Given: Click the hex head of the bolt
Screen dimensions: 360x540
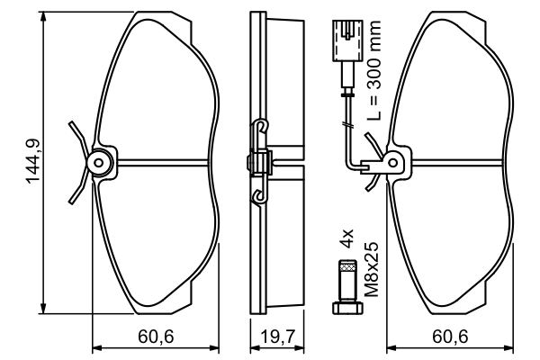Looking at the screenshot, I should [346, 308].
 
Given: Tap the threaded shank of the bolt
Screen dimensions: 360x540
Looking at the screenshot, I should [346, 281].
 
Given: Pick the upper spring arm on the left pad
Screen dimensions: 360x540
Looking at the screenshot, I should [77, 137].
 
